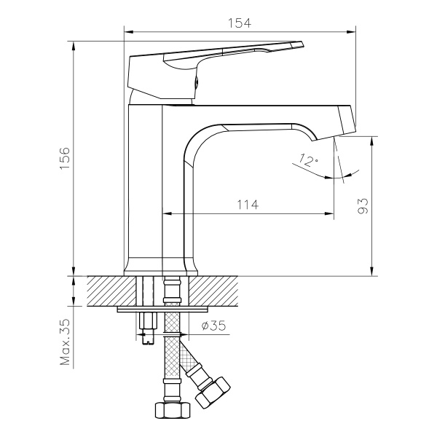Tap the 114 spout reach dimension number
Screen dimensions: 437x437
248,205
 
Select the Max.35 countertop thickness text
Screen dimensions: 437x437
65,342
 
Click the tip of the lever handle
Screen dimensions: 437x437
299,44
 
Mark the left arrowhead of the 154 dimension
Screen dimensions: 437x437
128,31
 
